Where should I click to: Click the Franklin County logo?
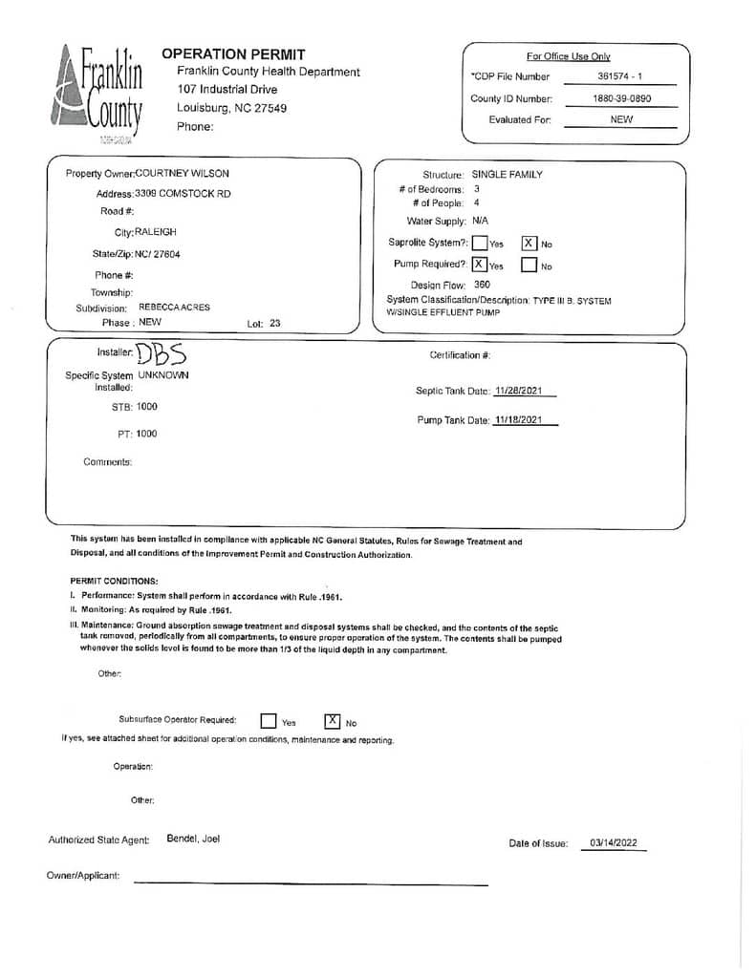click(x=97, y=95)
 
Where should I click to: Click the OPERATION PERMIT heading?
click(x=233, y=54)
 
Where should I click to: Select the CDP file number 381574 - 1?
click(x=620, y=76)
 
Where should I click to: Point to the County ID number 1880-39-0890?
click(x=620, y=99)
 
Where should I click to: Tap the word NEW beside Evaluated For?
click(x=621, y=120)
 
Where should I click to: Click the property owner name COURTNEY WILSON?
click(x=183, y=174)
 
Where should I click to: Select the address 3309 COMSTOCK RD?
click(x=183, y=194)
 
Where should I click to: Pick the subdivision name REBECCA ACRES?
click(x=174, y=308)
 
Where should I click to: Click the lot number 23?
click(x=275, y=324)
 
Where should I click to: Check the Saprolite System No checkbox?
click(x=529, y=243)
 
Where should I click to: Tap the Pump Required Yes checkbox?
click(x=479, y=265)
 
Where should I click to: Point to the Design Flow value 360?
click(x=482, y=285)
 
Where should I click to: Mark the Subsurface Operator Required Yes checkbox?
click(x=270, y=721)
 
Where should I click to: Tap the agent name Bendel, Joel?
click(x=193, y=840)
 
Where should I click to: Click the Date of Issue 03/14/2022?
click(x=614, y=843)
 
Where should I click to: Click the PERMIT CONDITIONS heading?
click(x=114, y=581)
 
